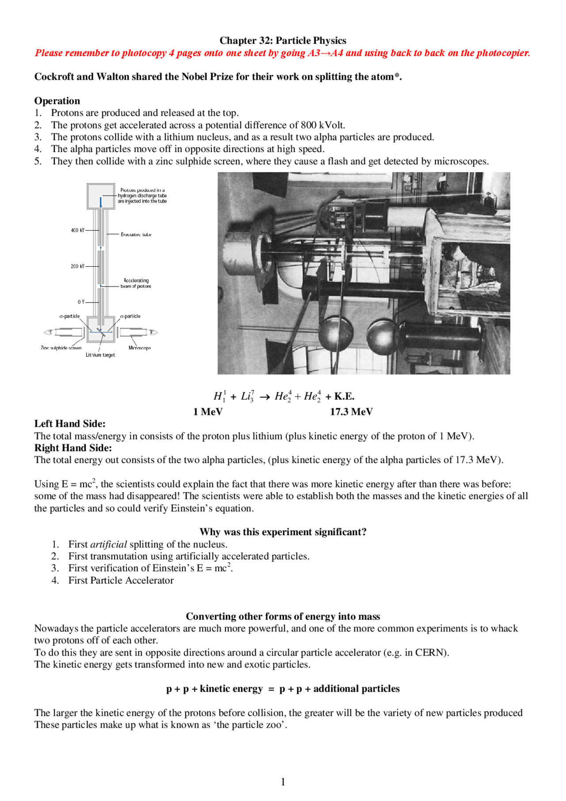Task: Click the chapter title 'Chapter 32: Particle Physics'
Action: (283, 41)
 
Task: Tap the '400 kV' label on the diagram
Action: (77, 230)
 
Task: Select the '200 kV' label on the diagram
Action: (77, 266)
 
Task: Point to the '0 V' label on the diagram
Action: (81, 302)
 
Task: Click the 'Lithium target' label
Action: (100, 355)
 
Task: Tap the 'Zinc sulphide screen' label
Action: (61, 348)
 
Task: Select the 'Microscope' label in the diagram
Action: (140, 348)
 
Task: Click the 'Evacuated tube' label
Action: (136, 234)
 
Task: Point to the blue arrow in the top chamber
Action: (101, 202)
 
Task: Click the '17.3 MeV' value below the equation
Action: (351, 412)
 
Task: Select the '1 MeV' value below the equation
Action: (208, 412)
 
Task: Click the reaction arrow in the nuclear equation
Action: (264, 397)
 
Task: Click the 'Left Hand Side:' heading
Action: (70, 424)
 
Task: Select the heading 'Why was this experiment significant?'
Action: (283, 532)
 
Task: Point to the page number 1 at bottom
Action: (283, 782)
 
